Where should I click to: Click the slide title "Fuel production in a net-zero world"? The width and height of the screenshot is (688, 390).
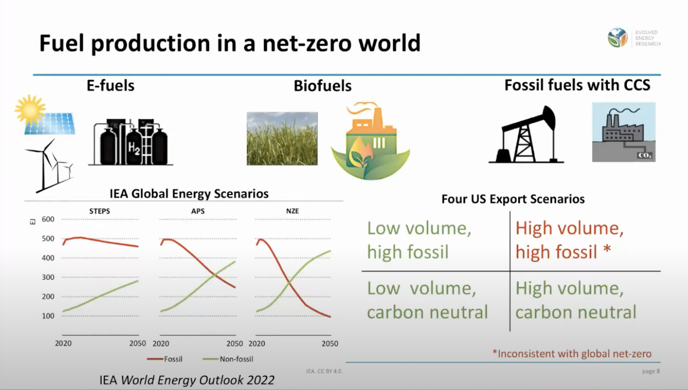pos(229,43)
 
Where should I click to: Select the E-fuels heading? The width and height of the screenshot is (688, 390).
pos(110,85)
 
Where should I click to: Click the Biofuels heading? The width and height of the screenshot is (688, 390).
pos(322,86)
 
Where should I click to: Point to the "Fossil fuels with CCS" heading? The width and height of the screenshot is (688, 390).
pos(577,85)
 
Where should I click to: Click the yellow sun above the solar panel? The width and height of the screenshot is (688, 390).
pos(30,109)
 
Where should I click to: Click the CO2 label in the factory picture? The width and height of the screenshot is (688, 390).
pos(645,155)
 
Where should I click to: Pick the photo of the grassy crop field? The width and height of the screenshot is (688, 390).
pos(282,138)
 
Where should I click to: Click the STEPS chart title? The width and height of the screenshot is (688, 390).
pos(99,211)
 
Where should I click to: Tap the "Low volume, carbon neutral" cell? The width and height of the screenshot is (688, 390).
pos(427,300)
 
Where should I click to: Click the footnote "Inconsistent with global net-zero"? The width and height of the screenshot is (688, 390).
pos(572,353)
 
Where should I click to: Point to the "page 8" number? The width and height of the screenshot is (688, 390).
pos(650,371)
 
